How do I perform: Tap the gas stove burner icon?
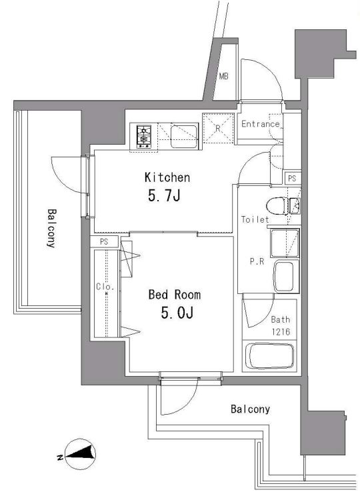[144, 137]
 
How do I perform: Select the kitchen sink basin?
[185, 137]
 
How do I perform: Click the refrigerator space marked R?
[218, 128]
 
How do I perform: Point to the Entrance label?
[261, 124]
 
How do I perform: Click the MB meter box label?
[223, 76]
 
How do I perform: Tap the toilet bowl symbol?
[276, 206]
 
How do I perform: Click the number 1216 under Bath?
[281, 332]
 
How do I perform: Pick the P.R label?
[257, 261]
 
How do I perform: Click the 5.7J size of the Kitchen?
[164, 196]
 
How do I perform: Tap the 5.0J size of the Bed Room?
[177, 313]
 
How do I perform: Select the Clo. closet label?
[105, 287]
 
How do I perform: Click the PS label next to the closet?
[104, 242]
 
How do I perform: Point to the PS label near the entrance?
[292, 179]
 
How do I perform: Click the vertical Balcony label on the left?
[51, 228]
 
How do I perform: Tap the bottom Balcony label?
[250, 409]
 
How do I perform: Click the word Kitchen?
[167, 177]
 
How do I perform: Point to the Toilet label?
[255, 219]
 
